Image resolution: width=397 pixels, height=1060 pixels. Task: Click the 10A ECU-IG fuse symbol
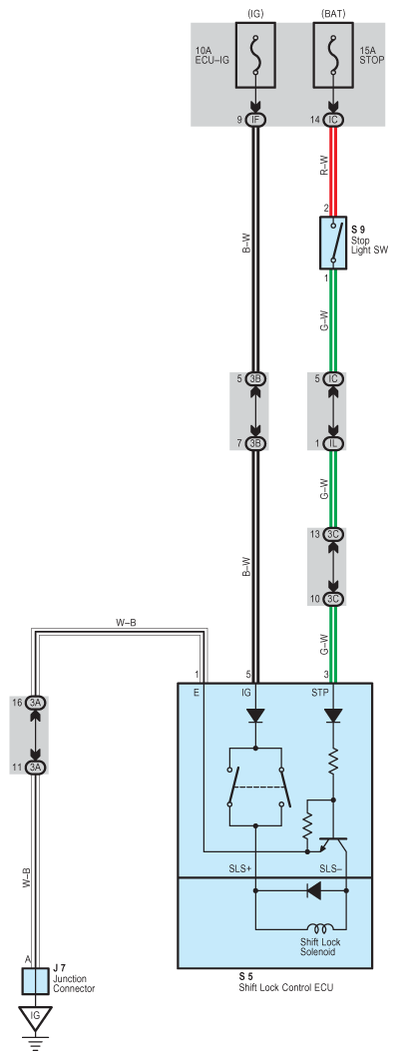(x=255, y=55)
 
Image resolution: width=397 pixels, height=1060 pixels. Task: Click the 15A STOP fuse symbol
(x=333, y=55)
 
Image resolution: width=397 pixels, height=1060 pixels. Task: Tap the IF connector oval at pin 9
(x=255, y=120)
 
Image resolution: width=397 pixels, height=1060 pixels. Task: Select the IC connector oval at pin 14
(x=333, y=120)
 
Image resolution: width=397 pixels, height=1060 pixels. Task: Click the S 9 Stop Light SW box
(x=333, y=243)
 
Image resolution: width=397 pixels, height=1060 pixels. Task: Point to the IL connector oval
(x=333, y=443)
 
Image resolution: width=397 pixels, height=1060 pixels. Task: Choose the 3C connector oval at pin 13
(x=333, y=534)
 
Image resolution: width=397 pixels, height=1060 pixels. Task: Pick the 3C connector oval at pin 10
(x=333, y=599)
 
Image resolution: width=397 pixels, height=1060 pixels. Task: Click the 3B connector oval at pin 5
(x=255, y=378)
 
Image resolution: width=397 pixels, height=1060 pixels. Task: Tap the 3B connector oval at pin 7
(x=255, y=443)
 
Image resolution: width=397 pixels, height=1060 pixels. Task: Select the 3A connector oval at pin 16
(x=35, y=703)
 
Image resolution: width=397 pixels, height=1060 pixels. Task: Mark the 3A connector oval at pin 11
(x=35, y=768)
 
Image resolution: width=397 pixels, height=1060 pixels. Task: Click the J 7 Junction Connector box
(x=35, y=981)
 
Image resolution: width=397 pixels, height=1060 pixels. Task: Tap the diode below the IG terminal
(x=256, y=716)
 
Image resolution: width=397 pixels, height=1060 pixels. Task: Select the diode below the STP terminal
(x=333, y=716)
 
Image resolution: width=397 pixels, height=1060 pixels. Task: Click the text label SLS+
(x=241, y=868)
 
